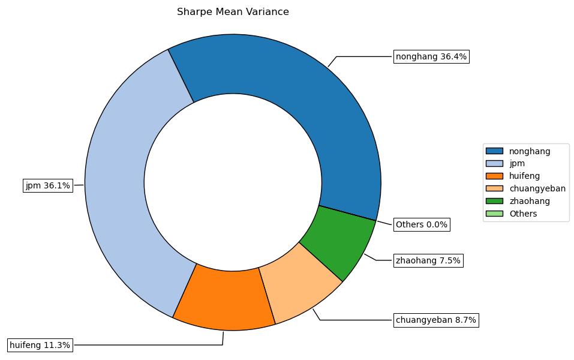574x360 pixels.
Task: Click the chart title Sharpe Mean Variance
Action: pos(233,12)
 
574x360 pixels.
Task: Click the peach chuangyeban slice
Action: pos(300,282)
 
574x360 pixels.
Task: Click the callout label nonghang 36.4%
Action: pos(431,57)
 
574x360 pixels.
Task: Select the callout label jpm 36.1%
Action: pos(47,186)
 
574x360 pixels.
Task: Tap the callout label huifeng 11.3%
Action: pos(40,345)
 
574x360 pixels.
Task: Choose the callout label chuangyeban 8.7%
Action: pos(435,320)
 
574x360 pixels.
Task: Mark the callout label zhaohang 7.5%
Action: pos(428,260)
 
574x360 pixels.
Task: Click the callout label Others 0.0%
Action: pos(422,224)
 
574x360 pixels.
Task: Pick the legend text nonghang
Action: pos(530,151)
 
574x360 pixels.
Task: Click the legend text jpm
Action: pos(517,164)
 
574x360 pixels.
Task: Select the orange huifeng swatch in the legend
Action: pos(495,176)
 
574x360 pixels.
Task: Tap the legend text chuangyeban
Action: pos(537,188)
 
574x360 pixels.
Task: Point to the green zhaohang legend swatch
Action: pos(495,201)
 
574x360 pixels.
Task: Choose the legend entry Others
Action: pos(523,214)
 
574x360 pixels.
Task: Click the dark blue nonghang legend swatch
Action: pos(495,151)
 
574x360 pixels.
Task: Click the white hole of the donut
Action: pos(233,182)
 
